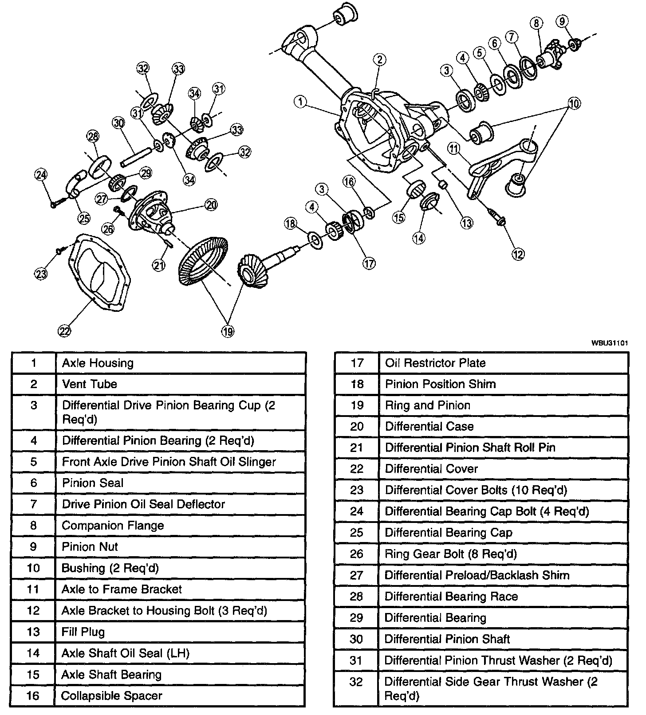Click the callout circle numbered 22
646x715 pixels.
[x=64, y=331]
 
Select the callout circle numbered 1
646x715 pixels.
[x=300, y=102]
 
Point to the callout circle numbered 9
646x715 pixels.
[x=562, y=21]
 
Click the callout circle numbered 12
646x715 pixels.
[x=518, y=254]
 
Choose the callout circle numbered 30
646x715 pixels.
[x=118, y=123]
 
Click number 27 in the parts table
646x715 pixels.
[x=356, y=575]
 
